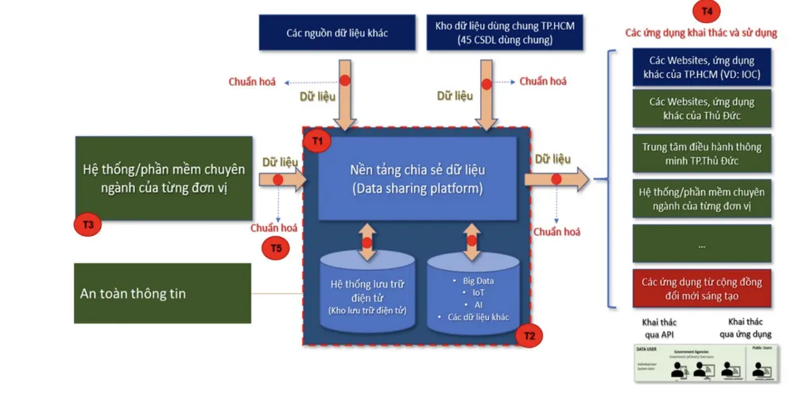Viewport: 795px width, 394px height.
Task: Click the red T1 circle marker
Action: (319, 141)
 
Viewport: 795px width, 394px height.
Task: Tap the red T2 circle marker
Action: (529, 336)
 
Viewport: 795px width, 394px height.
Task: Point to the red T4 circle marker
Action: (706, 11)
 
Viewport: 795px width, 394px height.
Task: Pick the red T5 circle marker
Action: (275, 249)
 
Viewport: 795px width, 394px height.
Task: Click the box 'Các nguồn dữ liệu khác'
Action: (337, 33)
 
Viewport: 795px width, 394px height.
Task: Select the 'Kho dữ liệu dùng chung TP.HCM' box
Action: (505, 33)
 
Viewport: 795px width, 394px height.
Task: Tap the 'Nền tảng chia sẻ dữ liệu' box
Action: (417, 179)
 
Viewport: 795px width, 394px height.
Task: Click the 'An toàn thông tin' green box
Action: (162, 293)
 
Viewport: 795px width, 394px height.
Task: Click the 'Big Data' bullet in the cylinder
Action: (479, 281)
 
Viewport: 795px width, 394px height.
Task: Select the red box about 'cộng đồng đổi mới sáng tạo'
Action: (702, 288)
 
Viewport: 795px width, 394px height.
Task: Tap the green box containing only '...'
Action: (702, 245)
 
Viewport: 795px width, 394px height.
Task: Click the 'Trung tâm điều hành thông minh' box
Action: (702, 153)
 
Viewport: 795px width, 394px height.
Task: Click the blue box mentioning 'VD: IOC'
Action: (702, 68)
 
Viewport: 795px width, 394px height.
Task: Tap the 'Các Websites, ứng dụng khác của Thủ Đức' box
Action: (702, 109)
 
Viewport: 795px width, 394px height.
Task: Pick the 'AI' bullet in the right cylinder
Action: (479, 304)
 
